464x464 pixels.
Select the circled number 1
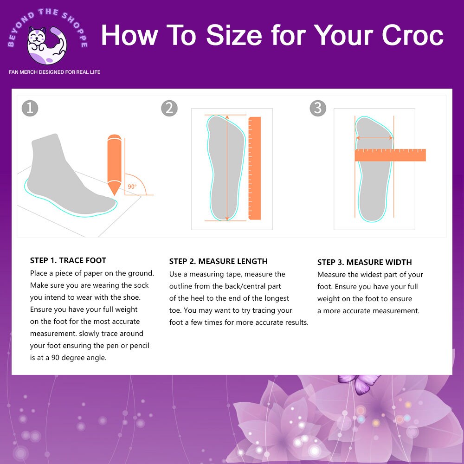[30, 108]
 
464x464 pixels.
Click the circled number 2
[169, 108]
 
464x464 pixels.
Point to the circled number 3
[318, 108]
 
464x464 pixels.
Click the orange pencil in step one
[114, 162]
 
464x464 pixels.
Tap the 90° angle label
[132, 187]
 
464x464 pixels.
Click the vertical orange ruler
[255, 168]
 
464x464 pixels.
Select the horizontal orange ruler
[390, 155]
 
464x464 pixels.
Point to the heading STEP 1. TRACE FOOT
[68, 260]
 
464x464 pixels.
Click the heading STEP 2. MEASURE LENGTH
[218, 261]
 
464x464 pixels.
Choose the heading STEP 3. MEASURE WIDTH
[365, 262]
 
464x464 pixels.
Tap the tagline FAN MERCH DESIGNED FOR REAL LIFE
[55, 72]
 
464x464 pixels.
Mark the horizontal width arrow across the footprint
[374, 138]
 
